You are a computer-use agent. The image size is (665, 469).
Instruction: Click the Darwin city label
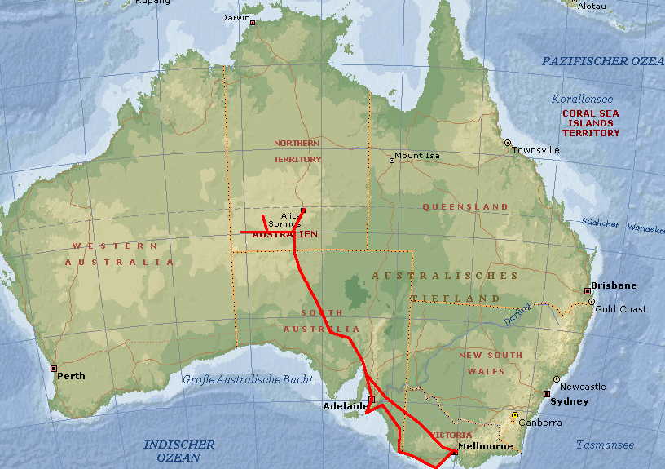[x=236, y=15]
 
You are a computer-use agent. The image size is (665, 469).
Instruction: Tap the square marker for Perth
[x=54, y=369]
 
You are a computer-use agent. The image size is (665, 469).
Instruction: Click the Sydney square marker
[x=547, y=394]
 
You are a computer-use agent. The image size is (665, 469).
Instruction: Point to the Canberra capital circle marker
[x=514, y=415]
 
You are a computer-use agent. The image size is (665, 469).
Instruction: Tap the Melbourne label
[x=486, y=446]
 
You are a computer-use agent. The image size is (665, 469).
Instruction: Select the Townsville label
[x=535, y=150]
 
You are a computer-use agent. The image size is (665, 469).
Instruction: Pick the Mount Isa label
[x=416, y=155]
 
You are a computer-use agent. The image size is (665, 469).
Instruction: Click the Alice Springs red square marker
[x=303, y=210]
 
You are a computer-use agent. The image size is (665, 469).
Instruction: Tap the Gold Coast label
[x=621, y=309]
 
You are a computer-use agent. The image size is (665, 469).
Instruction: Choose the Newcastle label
[x=584, y=387]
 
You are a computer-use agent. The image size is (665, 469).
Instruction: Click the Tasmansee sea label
[x=605, y=445]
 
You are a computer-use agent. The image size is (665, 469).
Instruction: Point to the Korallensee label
[x=582, y=99]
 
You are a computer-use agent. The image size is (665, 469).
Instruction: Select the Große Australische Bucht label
[x=236, y=379]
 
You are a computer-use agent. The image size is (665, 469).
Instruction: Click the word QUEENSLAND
[x=465, y=207]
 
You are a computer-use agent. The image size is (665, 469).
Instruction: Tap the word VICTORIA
[x=451, y=436]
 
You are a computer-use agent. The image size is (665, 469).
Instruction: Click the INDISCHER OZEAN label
[x=178, y=451]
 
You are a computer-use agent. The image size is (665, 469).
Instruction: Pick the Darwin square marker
[x=253, y=23]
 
